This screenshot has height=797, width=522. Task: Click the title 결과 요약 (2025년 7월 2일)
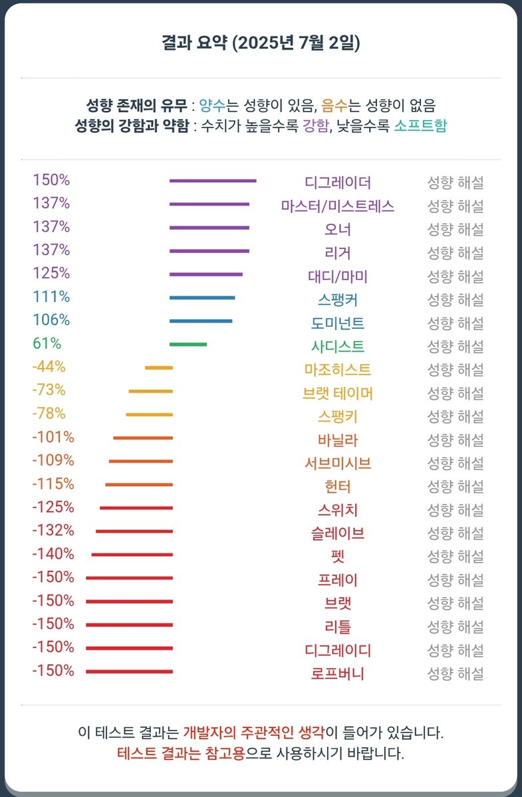[261, 44]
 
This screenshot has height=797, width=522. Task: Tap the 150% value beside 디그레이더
[51, 180]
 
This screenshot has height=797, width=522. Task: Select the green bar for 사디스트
[188, 344]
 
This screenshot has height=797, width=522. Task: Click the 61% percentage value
[47, 343]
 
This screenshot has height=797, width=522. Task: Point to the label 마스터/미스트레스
[338, 206]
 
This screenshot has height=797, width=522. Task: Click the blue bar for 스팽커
[202, 298]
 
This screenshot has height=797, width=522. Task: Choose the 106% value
[51, 320]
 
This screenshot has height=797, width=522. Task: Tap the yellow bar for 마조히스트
[159, 367]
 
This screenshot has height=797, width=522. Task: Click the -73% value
[49, 390]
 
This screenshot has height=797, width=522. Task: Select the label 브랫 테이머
[338, 393]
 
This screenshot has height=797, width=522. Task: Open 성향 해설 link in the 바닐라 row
[455, 440]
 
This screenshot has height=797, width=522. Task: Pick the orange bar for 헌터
[139, 484]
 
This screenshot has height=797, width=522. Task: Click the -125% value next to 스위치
[53, 507]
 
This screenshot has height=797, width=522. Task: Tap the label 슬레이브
[338, 533]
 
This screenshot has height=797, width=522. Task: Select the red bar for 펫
[132, 555]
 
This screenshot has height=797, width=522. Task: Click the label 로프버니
[338, 673]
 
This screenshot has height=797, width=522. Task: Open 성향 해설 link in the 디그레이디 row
[455, 650]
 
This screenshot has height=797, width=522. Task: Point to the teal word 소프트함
[420, 126]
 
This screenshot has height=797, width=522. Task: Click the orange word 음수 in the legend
[333, 105]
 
